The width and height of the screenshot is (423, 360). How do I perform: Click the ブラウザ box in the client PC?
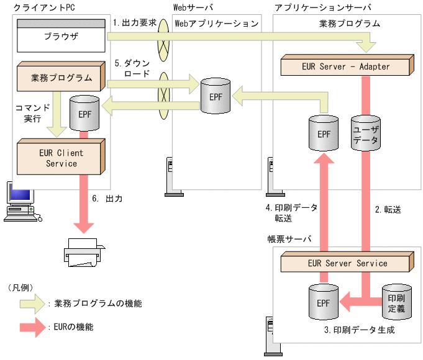[x=61, y=37]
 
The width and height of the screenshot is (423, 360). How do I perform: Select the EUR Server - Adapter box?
[x=345, y=66]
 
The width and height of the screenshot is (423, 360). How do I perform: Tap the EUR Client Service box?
[x=61, y=158]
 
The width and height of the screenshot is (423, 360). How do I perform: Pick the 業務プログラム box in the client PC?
[x=61, y=78]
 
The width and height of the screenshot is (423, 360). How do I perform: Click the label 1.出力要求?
[x=135, y=22]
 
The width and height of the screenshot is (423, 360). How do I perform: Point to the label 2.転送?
[x=388, y=210]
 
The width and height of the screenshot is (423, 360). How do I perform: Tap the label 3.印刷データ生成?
[x=359, y=330]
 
